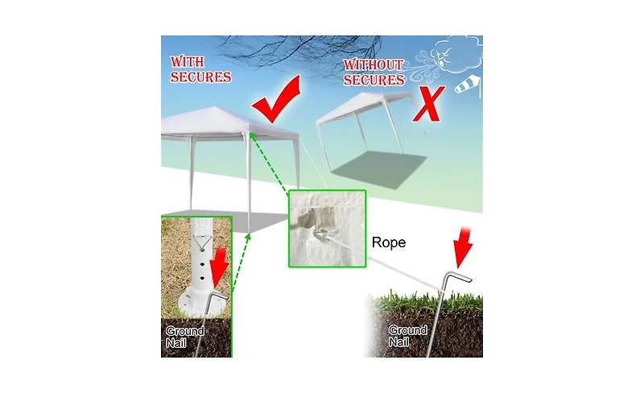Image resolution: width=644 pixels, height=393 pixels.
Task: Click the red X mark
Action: (428, 105)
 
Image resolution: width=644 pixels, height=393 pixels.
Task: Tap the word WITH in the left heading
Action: (188, 62)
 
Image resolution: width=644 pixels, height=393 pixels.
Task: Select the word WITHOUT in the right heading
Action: (374, 64)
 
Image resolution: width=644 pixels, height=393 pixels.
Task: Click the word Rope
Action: (389, 242)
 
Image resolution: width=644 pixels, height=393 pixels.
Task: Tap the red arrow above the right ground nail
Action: (463, 247)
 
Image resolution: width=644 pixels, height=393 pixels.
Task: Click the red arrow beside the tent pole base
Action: (220, 268)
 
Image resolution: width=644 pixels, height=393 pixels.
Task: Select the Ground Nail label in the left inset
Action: (185, 337)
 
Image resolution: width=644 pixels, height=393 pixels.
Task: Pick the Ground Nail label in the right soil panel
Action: (407, 336)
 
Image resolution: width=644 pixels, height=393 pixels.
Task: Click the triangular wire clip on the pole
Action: (202, 242)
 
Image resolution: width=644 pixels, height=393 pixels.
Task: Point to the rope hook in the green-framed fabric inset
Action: (320, 236)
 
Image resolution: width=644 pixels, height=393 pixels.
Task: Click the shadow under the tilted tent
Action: (378, 169)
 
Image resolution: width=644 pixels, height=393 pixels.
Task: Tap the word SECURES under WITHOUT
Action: (374, 80)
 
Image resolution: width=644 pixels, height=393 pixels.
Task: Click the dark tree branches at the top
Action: (302, 48)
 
